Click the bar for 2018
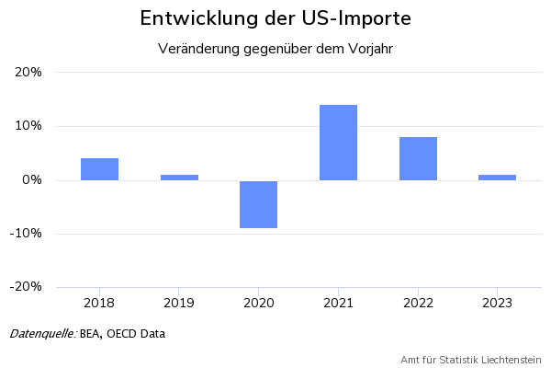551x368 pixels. point(99,169)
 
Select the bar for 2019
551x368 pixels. point(179,177)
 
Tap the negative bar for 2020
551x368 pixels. point(258,204)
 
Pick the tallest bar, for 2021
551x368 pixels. point(338,143)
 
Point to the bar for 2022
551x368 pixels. point(418,158)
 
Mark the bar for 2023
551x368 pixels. point(497,177)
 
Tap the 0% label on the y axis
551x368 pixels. point(32,180)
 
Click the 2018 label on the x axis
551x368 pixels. point(99,302)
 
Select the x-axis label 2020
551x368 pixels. point(258,302)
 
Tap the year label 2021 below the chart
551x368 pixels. point(338,302)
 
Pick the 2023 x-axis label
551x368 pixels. point(497,302)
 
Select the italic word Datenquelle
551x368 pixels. point(42,333)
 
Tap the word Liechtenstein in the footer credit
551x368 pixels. point(510,359)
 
